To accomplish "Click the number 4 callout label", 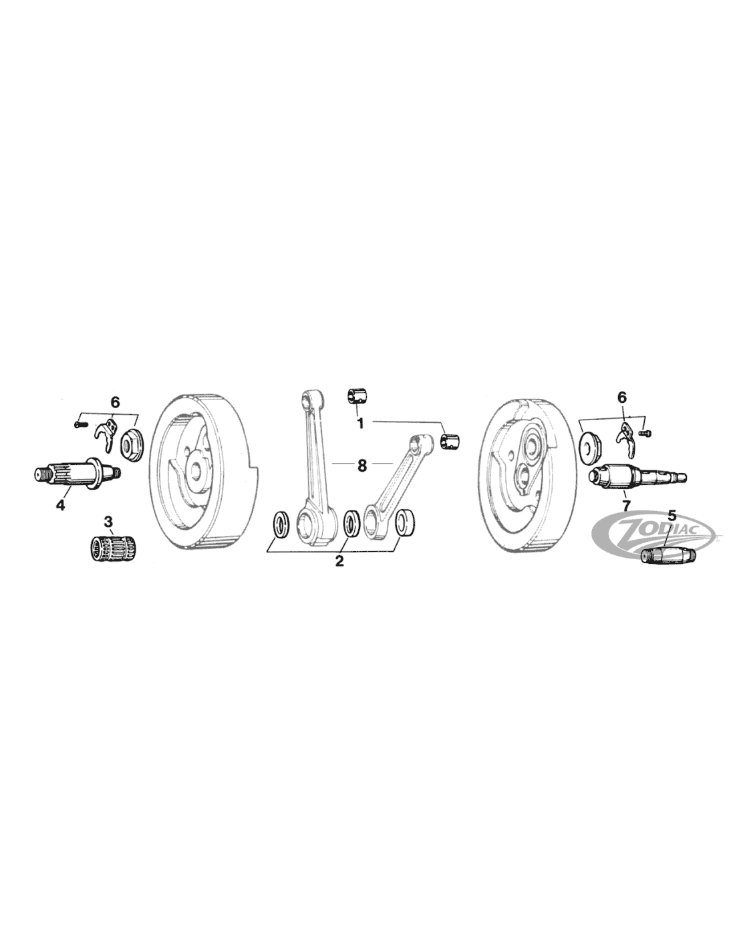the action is tap(60, 505).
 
